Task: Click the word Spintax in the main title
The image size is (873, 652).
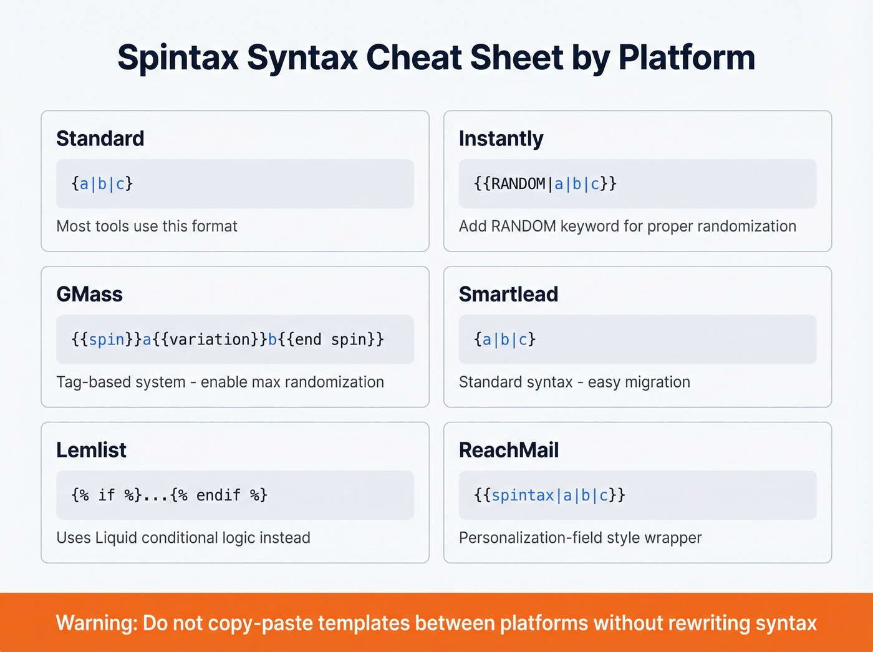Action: tap(178, 58)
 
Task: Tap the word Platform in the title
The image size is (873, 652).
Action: tap(686, 58)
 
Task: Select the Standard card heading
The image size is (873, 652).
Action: tap(100, 139)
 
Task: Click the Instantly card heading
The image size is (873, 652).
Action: tap(501, 139)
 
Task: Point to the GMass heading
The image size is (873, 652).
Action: tap(89, 294)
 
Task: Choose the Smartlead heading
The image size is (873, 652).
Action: tap(508, 294)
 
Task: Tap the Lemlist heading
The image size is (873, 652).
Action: tap(91, 450)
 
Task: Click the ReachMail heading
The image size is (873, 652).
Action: tap(508, 450)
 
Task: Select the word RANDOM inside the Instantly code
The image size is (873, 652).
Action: tap(518, 184)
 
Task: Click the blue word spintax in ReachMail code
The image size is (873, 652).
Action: tap(523, 495)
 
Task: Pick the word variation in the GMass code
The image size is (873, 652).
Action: tap(210, 339)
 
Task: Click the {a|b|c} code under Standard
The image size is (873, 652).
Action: tap(102, 184)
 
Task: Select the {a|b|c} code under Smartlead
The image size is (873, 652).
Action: tap(504, 339)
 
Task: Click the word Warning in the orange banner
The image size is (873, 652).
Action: tap(96, 623)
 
